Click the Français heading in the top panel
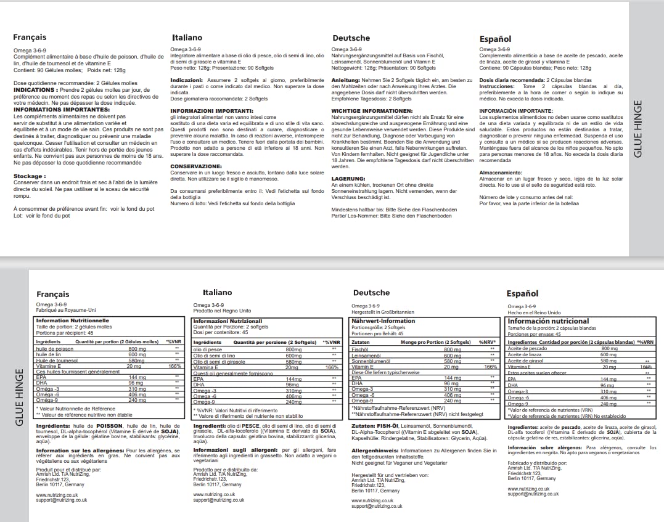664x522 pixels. pos(30,37)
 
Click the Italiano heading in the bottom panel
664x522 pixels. pos(217,292)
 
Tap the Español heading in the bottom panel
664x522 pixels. pos(522,294)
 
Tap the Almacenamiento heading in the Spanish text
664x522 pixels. pos(504,173)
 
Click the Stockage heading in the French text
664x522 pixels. pos(30,176)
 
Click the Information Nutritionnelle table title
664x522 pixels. pos(73,320)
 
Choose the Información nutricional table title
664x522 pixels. pos(548,321)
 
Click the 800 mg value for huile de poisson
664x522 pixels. pos(137,349)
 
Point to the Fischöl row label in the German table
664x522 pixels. pos(359,349)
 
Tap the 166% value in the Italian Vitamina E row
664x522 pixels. pos(332,367)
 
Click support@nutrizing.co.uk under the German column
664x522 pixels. pos(376,506)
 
